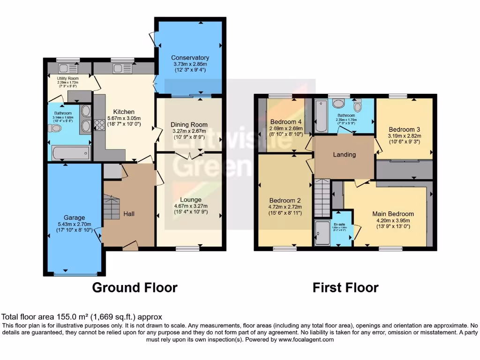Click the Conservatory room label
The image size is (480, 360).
190,58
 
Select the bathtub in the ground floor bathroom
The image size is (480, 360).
70,153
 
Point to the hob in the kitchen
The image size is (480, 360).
99,125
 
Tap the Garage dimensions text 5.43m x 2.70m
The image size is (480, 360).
75,224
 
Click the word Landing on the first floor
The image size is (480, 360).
345,154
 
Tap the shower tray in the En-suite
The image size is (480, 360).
322,233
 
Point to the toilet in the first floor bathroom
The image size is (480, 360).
359,105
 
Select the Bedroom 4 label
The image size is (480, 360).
285,122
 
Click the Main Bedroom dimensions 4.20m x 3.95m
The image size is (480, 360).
394,221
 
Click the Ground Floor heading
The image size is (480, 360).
135,287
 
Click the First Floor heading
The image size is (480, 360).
345,287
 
